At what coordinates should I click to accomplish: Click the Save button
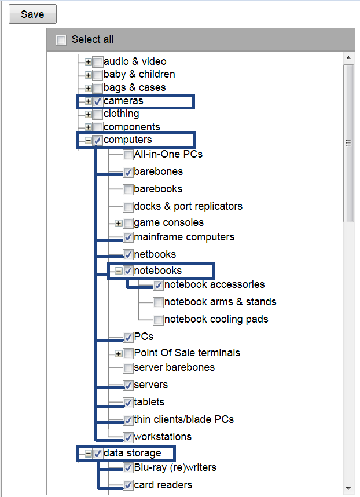[32, 14]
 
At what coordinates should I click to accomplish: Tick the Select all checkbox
[61, 40]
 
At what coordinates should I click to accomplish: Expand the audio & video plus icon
[88, 61]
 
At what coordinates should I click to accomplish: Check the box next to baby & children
[98, 75]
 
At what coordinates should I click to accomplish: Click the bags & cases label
[134, 87]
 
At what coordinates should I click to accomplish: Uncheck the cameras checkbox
[98, 101]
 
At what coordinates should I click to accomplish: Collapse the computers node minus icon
[88, 140]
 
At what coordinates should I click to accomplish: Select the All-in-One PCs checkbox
[128, 155]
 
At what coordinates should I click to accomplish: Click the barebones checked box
[128, 172]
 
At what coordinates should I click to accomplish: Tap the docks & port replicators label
[188, 206]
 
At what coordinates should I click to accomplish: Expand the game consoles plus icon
[119, 223]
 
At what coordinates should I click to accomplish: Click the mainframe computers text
[183, 237]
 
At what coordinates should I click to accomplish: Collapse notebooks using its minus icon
[119, 271]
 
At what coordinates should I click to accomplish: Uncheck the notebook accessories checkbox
[158, 285]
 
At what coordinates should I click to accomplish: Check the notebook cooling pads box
[158, 320]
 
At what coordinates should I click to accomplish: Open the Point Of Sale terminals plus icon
[119, 353]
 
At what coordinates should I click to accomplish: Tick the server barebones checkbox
[128, 368]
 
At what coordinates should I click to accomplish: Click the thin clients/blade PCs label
[183, 419]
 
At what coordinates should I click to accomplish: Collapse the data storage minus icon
[88, 454]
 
